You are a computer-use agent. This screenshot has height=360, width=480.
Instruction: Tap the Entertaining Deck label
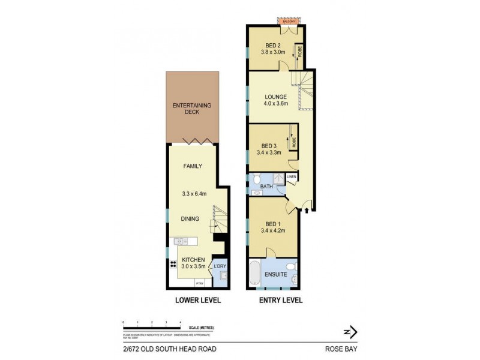pyautogui.click(x=192, y=109)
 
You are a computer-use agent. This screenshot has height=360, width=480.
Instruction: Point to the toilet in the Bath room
pyautogui.click(x=257, y=179)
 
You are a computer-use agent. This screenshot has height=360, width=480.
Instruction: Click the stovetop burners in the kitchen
pyautogui.click(x=173, y=264)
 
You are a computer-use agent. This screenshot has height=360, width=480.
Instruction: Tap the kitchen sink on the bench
pyautogui.click(x=181, y=241)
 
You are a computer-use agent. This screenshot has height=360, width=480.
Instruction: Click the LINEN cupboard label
pyautogui.click(x=291, y=176)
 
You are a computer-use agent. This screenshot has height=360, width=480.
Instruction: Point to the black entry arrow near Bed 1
pyautogui.click(x=307, y=210)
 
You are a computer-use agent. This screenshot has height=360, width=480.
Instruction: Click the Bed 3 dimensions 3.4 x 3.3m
pyautogui.click(x=269, y=153)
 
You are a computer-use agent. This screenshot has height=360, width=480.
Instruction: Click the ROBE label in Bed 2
pyautogui.click(x=298, y=53)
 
